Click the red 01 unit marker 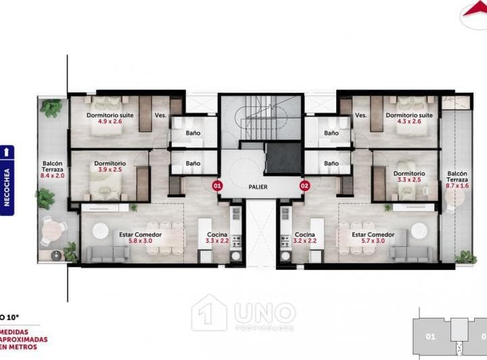(217, 184)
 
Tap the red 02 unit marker (304, 184)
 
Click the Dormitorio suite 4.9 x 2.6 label (110, 118)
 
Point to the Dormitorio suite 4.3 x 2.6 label (409, 118)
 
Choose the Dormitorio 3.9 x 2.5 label (109, 167)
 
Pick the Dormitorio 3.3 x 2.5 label (409, 177)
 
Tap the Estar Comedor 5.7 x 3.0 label (369, 238)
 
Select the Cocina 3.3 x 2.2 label (218, 238)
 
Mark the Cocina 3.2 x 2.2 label (304, 238)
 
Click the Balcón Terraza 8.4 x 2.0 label (52, 169)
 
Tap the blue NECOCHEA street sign (7, 180)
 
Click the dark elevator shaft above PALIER (283, 158)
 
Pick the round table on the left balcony (50, 230)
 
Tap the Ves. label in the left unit (160, 115)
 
